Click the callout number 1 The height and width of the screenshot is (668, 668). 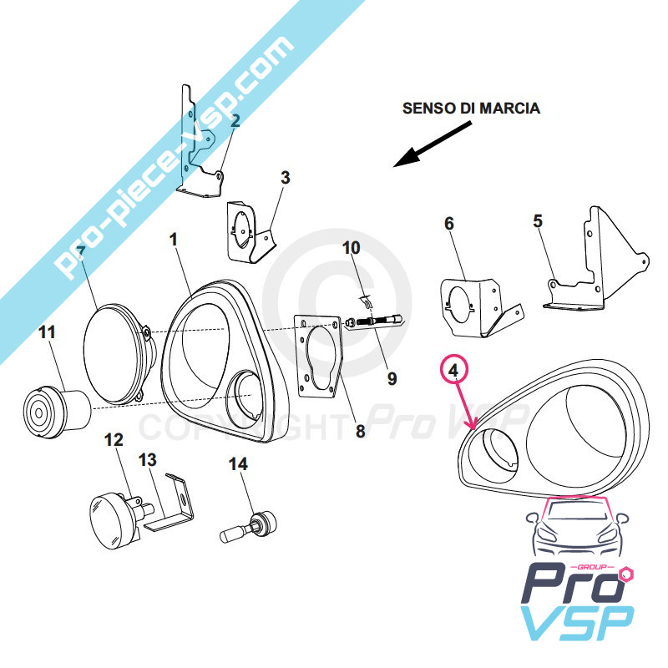click(174, 240)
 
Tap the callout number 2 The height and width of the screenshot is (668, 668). click(235, 121)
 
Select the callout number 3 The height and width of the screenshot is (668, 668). click(285, 177)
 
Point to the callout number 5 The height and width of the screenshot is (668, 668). click(538, 221)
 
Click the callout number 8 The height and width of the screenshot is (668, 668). click(361, 432)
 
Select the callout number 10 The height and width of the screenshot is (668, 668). click(351, 248)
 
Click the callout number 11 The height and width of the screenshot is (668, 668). click(47, 331)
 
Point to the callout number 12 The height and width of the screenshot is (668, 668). click(114, 439)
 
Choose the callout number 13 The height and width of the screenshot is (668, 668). click(148, 459)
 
